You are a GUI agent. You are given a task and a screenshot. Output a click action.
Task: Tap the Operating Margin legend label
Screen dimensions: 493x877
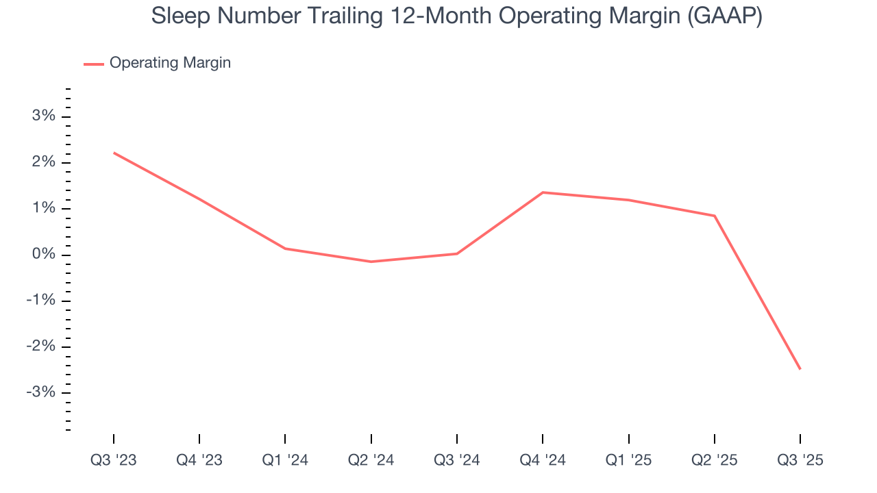[x=170, y=63]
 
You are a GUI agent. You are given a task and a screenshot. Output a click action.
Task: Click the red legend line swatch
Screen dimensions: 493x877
[x=94, y=64]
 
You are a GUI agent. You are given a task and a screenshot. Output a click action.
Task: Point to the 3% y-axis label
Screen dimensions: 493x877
[x=43, y=116]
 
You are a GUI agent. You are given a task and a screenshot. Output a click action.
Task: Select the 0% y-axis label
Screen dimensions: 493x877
[x=43, y=255]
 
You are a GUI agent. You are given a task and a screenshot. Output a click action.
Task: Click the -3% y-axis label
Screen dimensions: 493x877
[x=40, y=392]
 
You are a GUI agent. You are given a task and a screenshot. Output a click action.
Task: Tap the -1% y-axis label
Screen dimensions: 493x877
[x=40, y=301]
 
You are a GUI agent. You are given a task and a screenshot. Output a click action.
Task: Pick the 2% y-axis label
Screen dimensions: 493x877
[x=43, y=162]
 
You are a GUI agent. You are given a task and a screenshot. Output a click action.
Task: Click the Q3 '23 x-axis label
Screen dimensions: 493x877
[x=114, y=460]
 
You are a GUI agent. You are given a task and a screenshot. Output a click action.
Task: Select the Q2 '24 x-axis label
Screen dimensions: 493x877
[x=371, y=460]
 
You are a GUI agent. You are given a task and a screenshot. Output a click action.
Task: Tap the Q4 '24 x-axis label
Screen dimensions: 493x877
[x=543, y=460]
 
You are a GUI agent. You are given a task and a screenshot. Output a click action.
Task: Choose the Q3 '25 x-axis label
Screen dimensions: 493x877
[x=800, y=460]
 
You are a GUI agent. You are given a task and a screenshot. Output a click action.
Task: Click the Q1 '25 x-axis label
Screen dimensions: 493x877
[x=628, y=460]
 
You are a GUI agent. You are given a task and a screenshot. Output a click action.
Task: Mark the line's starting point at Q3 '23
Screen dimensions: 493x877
[x=114, y=153]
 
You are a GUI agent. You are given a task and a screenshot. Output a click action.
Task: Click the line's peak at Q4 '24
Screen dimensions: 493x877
[x=543, y=192]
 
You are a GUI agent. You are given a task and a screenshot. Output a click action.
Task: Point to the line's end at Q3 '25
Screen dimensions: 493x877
[x=800, y=369]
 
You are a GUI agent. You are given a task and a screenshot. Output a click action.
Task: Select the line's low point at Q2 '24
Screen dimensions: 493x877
[x=371, y=262]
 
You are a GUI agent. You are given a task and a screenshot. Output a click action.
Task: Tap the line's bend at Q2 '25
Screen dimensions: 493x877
[x=715, y=216]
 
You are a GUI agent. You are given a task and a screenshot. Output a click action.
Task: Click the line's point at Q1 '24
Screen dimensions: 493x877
[x=285, y=249]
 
